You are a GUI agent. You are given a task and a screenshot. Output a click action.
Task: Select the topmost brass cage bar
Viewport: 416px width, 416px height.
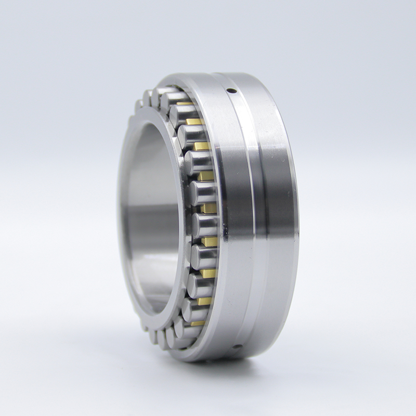coord(184,103)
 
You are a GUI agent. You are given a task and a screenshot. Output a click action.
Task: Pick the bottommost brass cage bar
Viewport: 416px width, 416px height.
coord(197,323)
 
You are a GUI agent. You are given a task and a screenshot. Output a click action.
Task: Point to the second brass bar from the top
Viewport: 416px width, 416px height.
coord(193,122)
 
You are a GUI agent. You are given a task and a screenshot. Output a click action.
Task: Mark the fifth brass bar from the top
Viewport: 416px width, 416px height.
coord(209,208)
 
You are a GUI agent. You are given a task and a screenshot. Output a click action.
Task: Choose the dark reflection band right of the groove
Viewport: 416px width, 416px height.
coord(276,218)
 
